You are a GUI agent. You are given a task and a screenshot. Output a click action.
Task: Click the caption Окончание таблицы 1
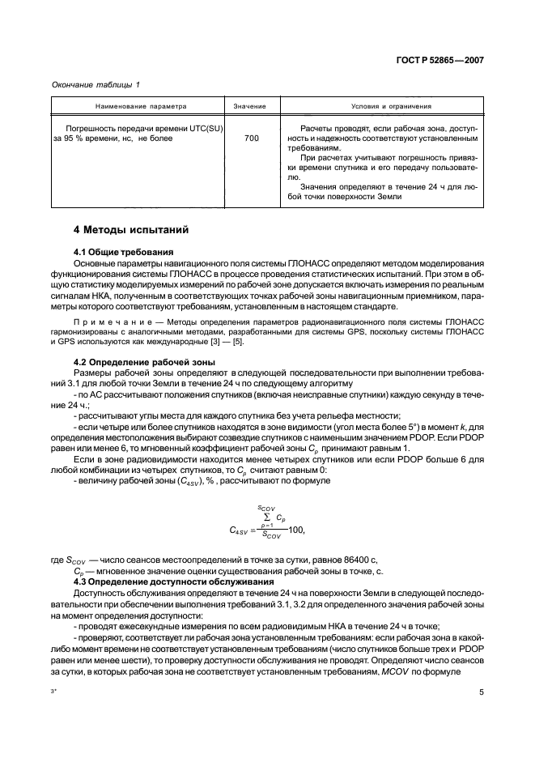point(96,84)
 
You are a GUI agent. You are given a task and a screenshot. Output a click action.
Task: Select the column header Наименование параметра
point(138,106)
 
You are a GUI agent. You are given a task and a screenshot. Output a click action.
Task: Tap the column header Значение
point(251,106)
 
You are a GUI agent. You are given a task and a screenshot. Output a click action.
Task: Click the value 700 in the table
point(251,139)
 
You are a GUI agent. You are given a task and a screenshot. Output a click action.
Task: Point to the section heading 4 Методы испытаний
point(130,230)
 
